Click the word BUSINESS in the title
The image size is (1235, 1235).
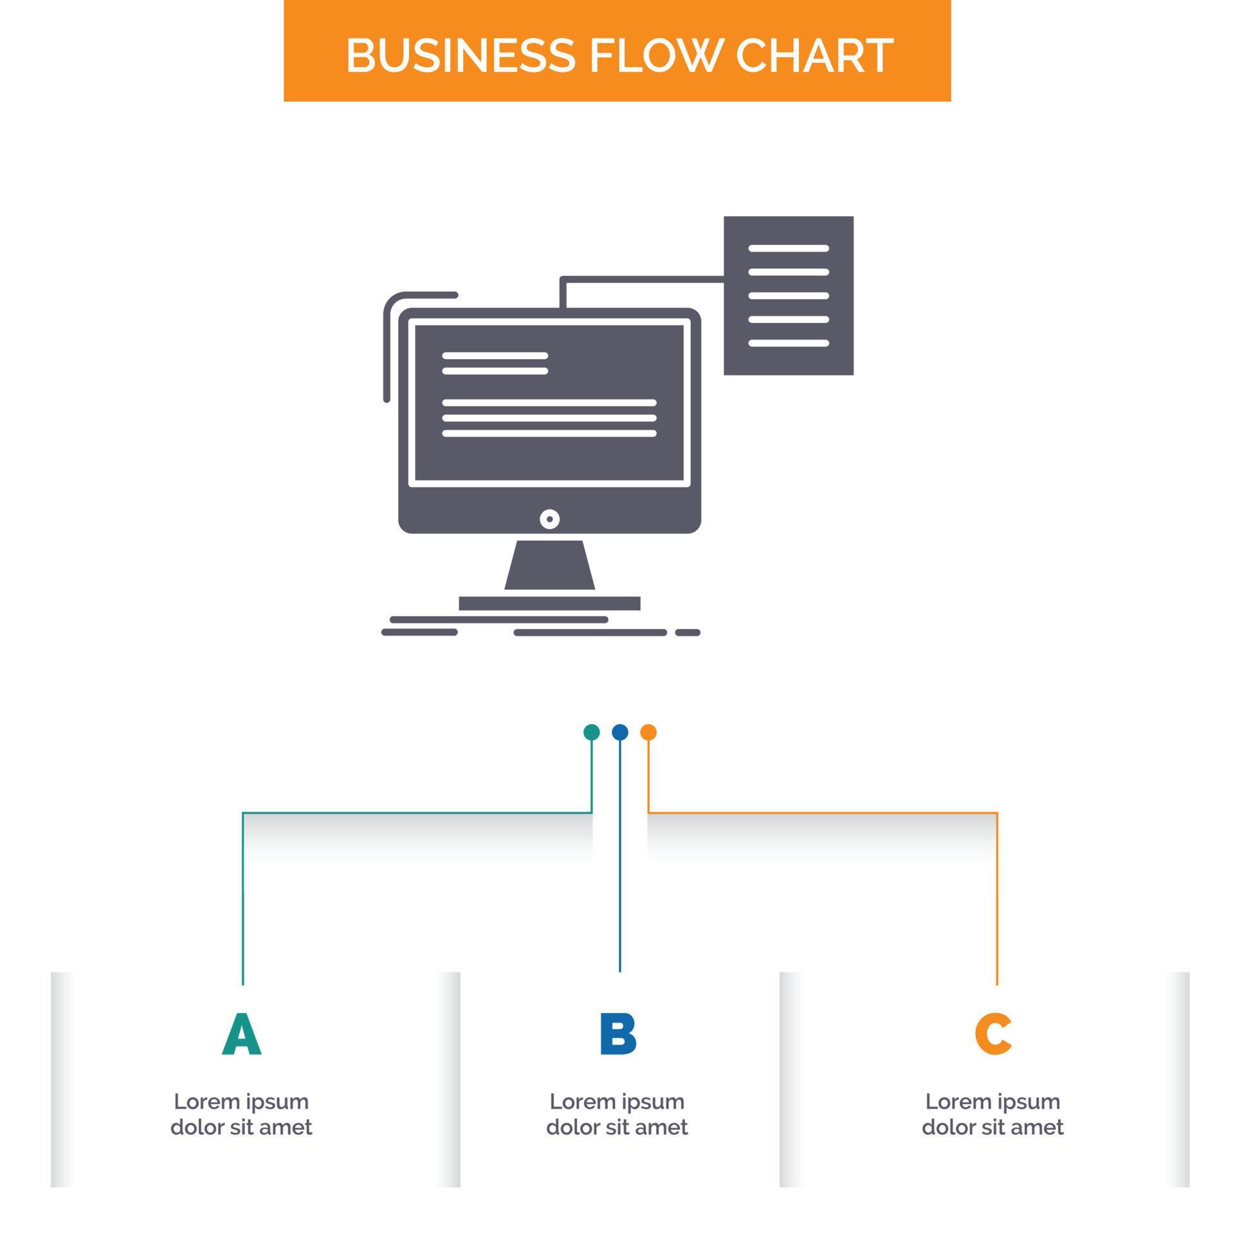point(460,55)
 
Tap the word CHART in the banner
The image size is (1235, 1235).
point(814,55)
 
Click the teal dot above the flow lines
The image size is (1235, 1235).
point(591,732)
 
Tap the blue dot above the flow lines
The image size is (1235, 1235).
point(619,732)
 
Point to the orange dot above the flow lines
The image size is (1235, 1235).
point(648,732)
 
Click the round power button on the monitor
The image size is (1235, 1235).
point(549,519)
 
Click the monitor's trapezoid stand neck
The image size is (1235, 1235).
point(549,565)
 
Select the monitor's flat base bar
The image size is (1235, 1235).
point(549,603)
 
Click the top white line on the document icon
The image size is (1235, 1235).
point(789,248)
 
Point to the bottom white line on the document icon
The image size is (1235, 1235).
point(789,343)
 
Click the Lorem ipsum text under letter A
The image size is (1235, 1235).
point(241,1114)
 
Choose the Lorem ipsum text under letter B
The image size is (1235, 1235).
point(617,1114)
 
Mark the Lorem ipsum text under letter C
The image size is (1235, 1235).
point(993,1114)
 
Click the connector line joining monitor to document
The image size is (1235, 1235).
point(643,279)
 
